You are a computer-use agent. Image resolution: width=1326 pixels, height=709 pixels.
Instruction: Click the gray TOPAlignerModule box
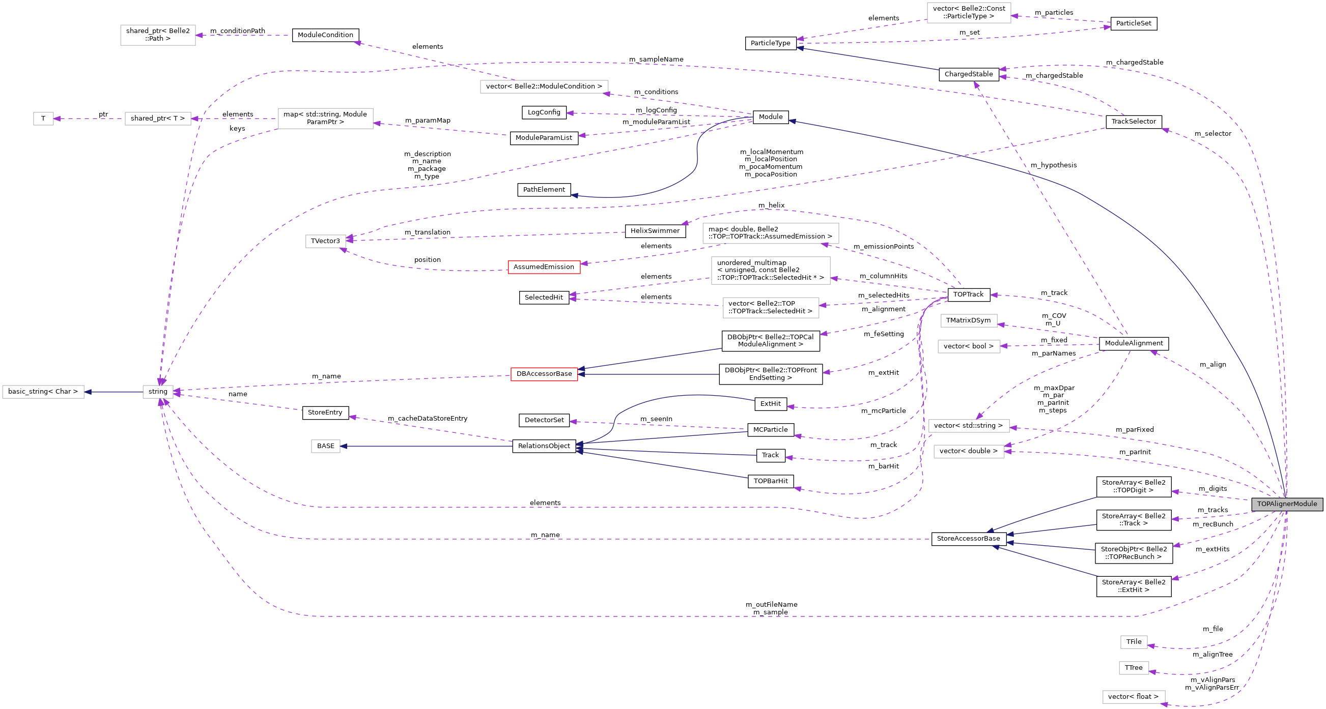click(x=1287, y=504)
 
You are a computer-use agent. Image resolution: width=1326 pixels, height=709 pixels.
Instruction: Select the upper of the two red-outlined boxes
click(x=544, y=268)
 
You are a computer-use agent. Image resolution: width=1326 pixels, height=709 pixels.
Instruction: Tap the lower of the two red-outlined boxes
click(x=544, y=374)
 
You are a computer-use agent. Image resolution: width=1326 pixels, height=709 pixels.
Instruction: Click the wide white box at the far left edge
click(x=43, y=392)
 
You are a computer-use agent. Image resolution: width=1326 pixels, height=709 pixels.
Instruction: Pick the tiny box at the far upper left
click(x=43, y=119)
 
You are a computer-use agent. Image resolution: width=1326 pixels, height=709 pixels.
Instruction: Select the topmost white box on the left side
click(x=158, y=35)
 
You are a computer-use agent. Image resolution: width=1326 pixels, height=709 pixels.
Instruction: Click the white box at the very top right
click(x=969, y=13)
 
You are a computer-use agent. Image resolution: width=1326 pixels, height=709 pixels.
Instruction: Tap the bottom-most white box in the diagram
click(x=1134, y=697)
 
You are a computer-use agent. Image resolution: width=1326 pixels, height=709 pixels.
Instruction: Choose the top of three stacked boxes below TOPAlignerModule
click(x=1134, y=642)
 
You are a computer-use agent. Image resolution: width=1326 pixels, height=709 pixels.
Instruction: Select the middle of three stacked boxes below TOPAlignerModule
click(x=1134, y=668)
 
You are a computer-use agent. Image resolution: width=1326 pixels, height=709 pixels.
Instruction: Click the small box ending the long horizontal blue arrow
click(x=325, y=447)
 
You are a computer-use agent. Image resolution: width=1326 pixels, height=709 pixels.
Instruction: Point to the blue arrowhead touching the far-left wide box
click(x=88, y=392)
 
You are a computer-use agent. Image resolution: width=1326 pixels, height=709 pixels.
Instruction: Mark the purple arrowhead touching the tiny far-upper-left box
click(x=57, y=119)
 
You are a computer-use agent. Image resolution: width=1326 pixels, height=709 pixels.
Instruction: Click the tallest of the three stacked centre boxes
click(x=771, y=271)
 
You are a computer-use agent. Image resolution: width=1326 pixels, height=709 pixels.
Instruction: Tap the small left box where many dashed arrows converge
click(x=158, y=392)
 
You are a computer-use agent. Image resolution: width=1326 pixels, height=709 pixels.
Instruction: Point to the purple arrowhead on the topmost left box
click(x=199, y=36)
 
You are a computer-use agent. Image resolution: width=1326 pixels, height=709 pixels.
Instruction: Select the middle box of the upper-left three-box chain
click(x=158, y=119)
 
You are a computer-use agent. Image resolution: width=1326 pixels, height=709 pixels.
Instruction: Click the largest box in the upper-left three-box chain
click(x=325, y=119)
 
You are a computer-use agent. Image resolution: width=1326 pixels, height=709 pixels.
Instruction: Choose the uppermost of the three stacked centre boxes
click(x=771, y=233)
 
